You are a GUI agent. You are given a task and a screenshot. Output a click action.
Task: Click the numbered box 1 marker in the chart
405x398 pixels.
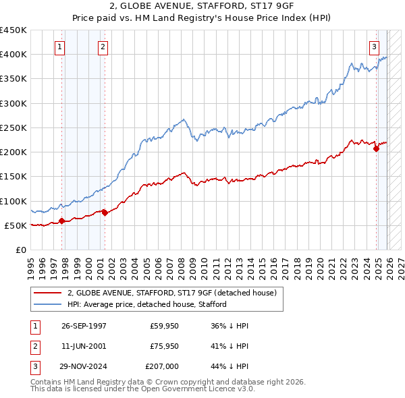(x=61, y=47)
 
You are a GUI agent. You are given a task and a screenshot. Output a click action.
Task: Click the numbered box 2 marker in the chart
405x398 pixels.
(x=103, y=47)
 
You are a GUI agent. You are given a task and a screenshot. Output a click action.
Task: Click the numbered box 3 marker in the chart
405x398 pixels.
(x=374, y=47)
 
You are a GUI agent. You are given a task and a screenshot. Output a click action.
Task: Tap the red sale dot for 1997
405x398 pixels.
(x=61, y=221)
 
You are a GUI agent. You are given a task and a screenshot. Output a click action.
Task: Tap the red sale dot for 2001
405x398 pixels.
(x=105, y=213)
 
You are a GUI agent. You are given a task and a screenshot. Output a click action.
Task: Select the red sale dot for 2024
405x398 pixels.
(x=376, y=149)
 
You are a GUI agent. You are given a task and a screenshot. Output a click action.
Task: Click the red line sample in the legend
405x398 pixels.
(x=49, y=293)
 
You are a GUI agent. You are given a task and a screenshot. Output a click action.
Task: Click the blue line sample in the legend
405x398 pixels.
(x=49, y=304)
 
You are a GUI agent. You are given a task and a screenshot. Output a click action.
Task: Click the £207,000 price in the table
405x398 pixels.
(x=161, y=366)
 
